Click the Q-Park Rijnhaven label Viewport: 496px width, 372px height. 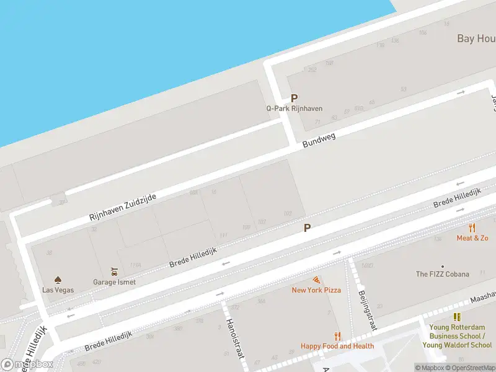[294, 108]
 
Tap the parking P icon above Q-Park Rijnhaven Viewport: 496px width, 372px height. [294, 98]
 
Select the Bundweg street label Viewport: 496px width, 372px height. [319, 140]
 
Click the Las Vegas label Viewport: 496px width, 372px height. [58, 290]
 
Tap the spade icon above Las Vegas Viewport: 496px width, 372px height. [58, 280]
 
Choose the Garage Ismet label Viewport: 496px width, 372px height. [114, 281]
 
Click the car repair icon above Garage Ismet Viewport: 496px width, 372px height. [114, 272]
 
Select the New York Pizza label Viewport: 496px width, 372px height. [316, 290]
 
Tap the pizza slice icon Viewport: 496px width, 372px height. [316, 280]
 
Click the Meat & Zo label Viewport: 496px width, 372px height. [472, 238]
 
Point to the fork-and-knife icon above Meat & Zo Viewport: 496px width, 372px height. [472, 228]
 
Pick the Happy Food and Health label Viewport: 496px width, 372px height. [337, 346]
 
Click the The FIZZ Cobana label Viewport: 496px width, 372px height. [442, 274]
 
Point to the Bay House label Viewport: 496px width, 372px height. [476, 38]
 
